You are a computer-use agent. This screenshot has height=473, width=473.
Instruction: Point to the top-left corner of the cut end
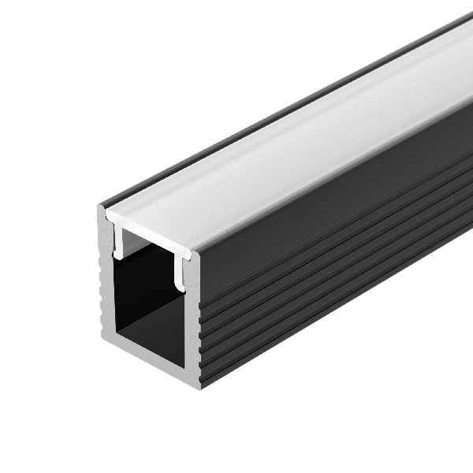click(x=100, y=208)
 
